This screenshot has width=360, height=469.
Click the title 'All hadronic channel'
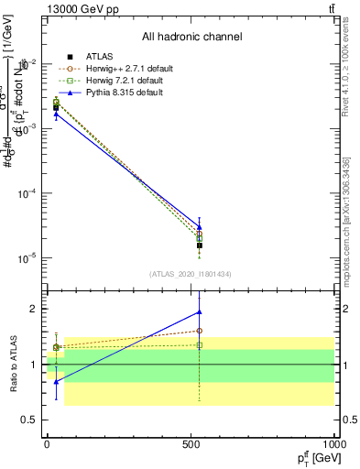point(192,38)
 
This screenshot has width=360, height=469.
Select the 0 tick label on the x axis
point(47,444)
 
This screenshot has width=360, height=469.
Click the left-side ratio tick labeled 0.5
point(30,420)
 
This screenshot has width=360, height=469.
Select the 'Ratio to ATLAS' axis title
point(13,365)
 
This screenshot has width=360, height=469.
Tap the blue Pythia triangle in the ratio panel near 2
point(200,312)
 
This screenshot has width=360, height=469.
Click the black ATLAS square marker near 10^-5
point(200,245)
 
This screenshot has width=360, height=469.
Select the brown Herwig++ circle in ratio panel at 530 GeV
point(200,331)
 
